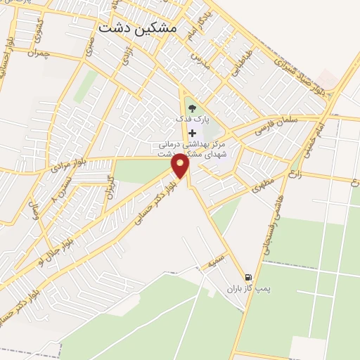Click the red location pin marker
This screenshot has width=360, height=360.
coord(181,166)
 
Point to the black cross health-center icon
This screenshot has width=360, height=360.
coord(193,132)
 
